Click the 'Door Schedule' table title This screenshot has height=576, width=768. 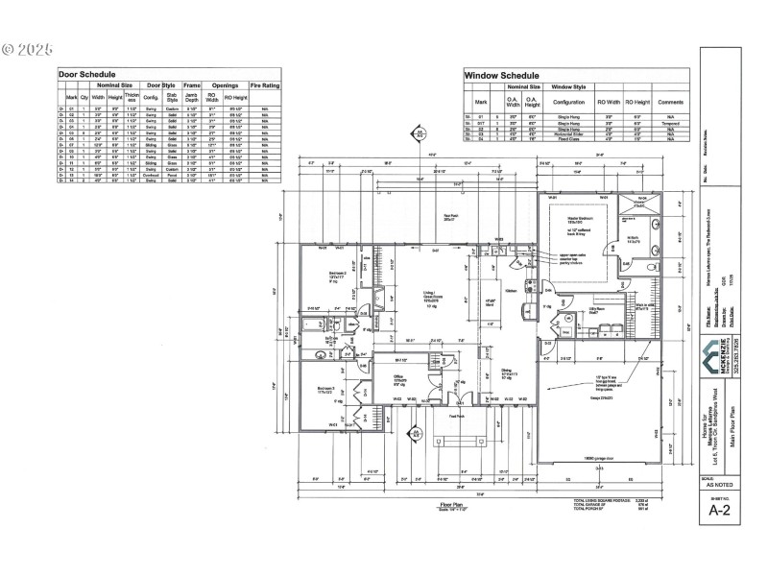[x=87, y=74]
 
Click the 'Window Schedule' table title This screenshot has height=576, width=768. [x=500, y=74]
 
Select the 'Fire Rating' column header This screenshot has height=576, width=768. [x=264, y=85]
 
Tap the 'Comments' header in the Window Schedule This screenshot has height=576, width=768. [x=669, y=101]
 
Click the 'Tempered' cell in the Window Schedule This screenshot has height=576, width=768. [x=669, y=124]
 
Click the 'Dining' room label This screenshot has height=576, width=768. [x=508, y=372]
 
